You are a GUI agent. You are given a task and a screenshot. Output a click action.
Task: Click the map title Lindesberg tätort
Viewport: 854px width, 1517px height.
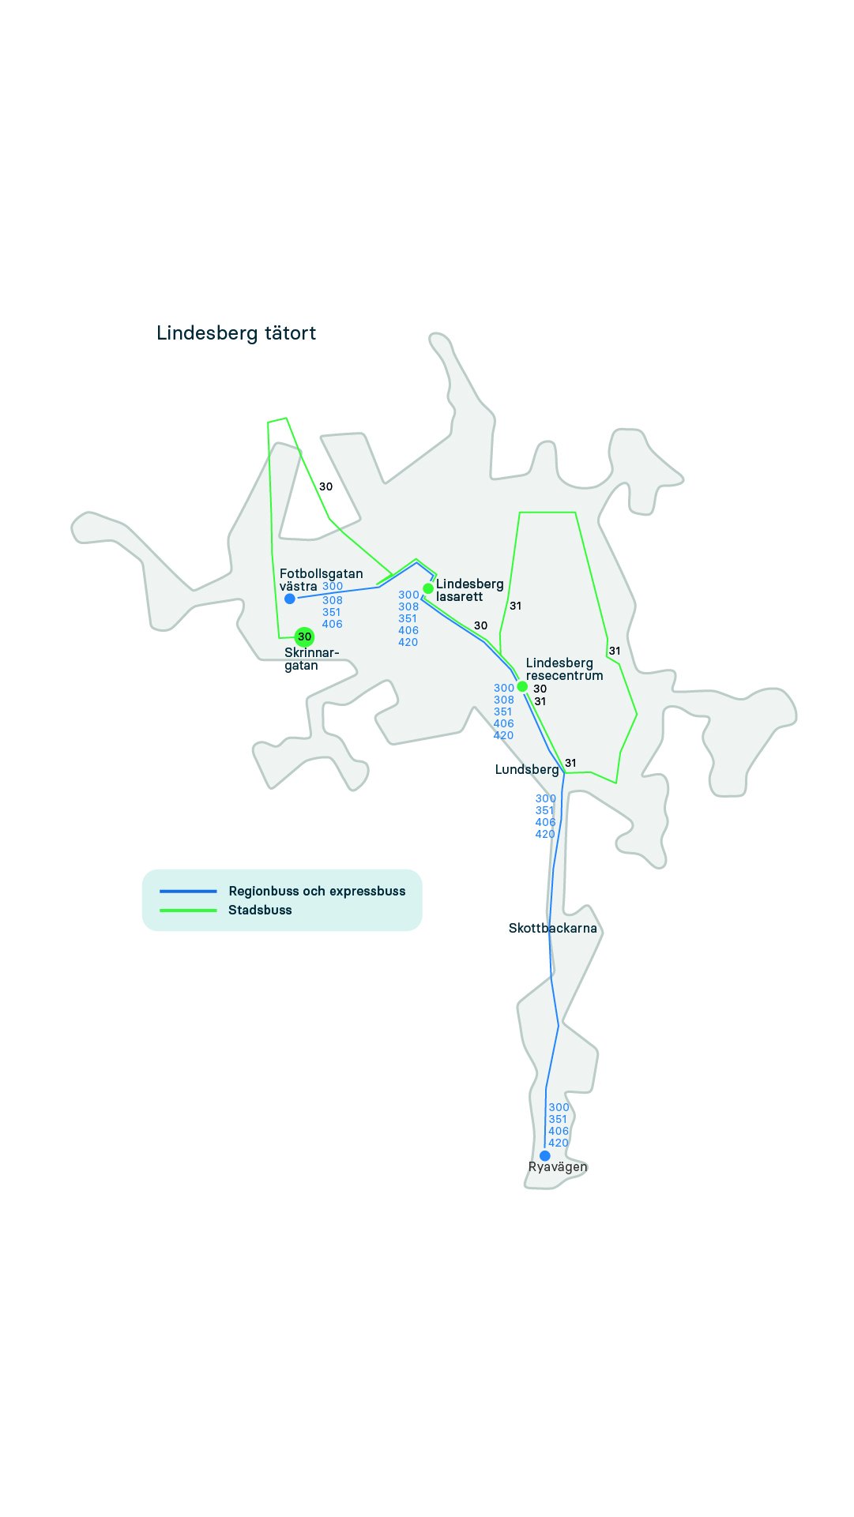[236, 333]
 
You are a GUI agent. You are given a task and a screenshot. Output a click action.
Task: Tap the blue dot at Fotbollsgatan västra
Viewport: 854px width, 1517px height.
[290, 599]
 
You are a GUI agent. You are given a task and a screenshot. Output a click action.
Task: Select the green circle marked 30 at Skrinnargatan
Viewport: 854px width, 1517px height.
[304, 636]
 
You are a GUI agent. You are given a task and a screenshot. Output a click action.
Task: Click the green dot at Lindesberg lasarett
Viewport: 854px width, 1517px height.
[428, 588]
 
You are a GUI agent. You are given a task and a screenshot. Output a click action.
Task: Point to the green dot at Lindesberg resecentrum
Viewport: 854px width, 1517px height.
[522, 686]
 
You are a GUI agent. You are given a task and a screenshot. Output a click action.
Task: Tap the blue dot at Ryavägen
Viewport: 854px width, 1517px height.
[545, 1155]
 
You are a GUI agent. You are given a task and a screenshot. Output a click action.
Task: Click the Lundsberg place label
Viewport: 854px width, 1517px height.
[527, 769]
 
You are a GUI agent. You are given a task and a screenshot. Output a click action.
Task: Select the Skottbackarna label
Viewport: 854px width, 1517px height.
[553, 928]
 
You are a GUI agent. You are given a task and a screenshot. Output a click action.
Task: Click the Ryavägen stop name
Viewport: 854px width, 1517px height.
[558, 1167]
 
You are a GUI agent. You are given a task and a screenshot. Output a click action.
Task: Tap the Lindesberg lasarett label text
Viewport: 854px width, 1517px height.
[470, 590]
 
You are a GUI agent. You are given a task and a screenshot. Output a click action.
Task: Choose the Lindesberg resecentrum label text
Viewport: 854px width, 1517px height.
[564, 669]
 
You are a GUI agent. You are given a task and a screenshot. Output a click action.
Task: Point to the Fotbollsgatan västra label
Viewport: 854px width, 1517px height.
[321, 580]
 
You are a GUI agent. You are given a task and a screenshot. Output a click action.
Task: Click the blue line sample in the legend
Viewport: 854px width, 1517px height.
[188, 891]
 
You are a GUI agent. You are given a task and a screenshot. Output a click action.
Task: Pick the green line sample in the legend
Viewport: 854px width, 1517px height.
[188, 911]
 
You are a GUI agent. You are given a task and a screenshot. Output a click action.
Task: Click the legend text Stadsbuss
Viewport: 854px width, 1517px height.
[260, 910]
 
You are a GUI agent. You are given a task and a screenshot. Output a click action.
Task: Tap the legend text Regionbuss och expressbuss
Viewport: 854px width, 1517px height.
[317, 891]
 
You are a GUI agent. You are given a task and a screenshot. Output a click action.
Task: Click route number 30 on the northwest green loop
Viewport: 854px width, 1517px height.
[325, 486]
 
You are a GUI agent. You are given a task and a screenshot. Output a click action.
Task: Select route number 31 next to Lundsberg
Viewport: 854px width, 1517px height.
[570, 763]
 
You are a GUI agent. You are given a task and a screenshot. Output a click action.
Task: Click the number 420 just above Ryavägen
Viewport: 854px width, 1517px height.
[559, 1143]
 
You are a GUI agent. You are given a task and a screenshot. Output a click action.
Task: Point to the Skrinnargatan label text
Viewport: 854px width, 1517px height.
[311, 659]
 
